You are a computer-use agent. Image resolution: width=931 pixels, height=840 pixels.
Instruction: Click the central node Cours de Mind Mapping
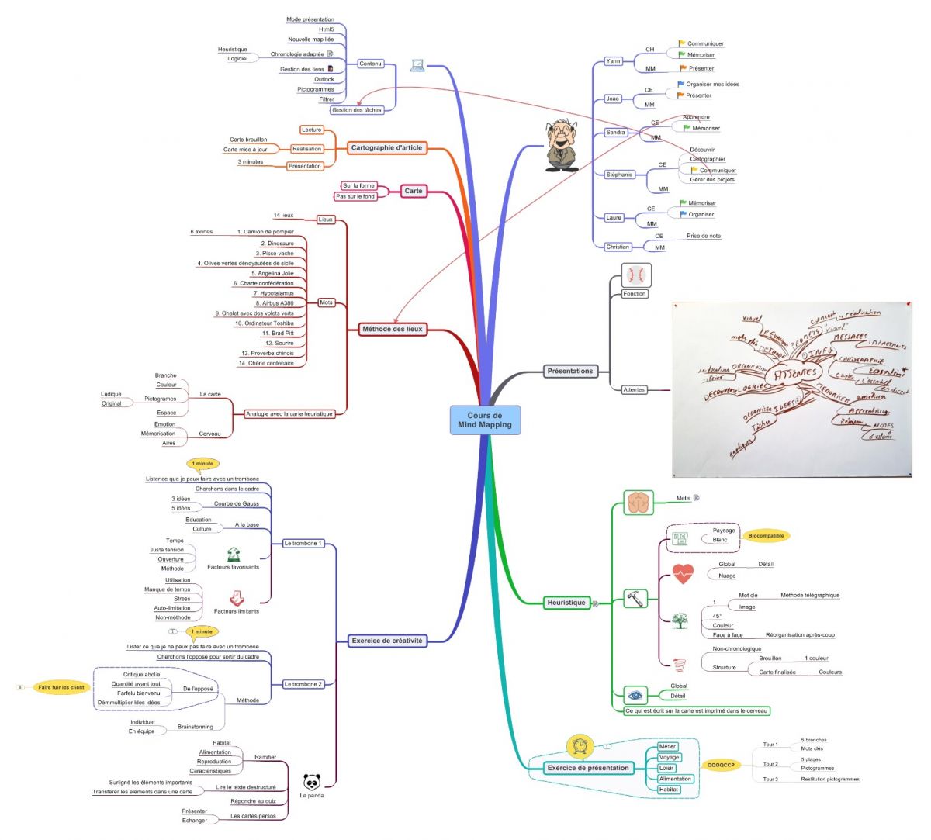coord(485,420)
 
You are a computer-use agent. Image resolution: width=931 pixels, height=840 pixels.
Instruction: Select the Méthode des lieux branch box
coord(393,329)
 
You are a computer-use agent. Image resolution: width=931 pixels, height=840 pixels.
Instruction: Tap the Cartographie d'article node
coord(386,147)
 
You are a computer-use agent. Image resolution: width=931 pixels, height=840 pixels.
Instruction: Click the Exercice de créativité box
coord(387,641)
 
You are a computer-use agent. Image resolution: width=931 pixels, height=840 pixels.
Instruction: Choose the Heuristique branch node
coord(566,603)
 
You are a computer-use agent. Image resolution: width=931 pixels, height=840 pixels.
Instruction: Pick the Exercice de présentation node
coord(588,768)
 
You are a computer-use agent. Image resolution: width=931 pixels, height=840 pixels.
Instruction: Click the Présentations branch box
coord(570,371)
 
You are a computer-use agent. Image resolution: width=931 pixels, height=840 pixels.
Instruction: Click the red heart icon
coord(683,574)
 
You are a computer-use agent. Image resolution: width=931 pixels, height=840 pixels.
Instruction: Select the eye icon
coord(635,695)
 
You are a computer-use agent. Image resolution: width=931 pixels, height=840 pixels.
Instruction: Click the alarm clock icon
coord(580,746)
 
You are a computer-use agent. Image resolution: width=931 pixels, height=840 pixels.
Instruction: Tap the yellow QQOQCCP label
coord(722,765)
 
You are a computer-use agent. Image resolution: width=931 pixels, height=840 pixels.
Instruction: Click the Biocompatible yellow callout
coord(766,535)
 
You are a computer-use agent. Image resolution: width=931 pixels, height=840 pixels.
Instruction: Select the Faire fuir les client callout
coord(61,687)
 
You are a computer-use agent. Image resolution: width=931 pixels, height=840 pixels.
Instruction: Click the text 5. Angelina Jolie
coord(272,273)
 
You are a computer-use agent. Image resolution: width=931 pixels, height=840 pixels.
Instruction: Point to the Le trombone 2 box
coord(303,684)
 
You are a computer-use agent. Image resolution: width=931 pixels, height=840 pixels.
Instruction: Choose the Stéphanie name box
coord(619,175)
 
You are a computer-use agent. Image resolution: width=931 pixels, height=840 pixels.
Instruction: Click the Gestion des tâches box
coord(357,110)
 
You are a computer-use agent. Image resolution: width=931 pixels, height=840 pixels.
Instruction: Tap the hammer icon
coord(635,598)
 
